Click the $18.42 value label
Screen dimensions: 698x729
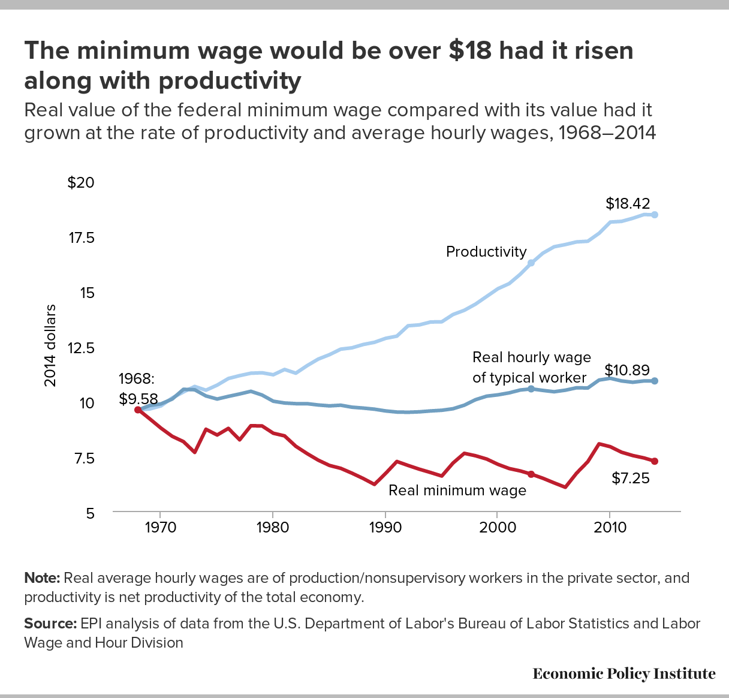tap(627, 203)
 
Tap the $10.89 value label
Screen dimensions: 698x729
tap(626, 370)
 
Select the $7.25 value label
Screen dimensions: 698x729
tap(631, 479)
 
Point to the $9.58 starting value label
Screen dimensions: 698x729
tap(138, 398)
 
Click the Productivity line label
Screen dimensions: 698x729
tap(486, 252)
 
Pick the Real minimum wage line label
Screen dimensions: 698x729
tap(457, 491)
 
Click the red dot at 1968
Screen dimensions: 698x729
tap(138, 410)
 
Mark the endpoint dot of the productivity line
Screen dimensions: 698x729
tap(655, 215)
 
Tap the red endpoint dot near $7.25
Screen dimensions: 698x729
tap(655, 461)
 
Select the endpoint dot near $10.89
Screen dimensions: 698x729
tap(655, 381)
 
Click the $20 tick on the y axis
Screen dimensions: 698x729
tap(81, 183)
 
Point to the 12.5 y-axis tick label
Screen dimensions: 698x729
tap(82, 348)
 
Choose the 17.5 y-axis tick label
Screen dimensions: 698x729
tap(82, 238)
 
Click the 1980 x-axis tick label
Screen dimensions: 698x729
tap(273, 528)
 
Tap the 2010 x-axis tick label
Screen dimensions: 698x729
tap(610, 528)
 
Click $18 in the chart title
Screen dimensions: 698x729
tap(471, 50)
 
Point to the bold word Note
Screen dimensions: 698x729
tap(42, 578)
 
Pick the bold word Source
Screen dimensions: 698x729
tap(50, 624)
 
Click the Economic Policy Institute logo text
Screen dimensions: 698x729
tap(623, 674)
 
